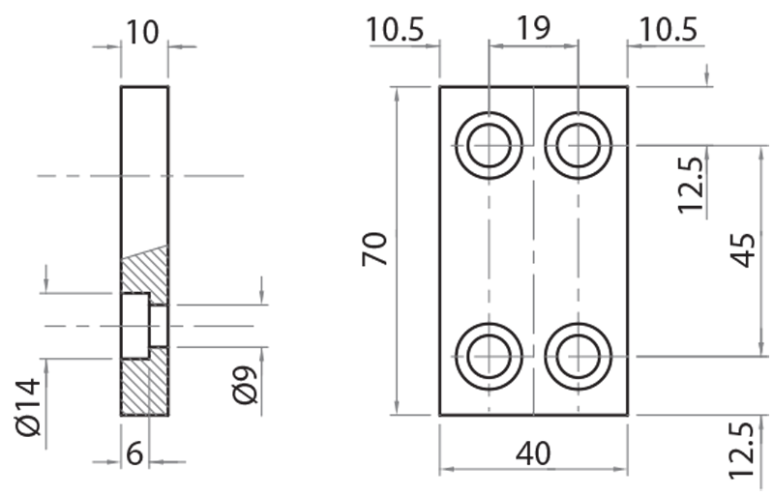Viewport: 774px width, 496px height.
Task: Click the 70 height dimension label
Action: [x=376, y=249]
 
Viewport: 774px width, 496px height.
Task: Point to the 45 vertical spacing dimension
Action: [x=746, y=249]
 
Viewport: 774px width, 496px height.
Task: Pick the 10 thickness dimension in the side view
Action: [x=143, y=31]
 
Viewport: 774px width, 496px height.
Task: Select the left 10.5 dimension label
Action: [x=395, y=29]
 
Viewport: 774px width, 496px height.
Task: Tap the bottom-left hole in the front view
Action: [x=490, y=355]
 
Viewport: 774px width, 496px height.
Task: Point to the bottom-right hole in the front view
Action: [x=578, y=355]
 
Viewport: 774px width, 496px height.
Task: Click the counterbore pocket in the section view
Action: [x=134, y=326]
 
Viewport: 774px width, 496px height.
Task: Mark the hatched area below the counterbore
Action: [x=144, y=387]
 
